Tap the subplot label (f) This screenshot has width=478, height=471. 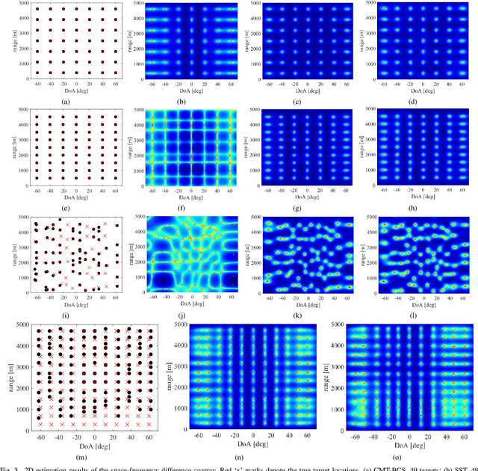pyautogui.click(x=191, y=206)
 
